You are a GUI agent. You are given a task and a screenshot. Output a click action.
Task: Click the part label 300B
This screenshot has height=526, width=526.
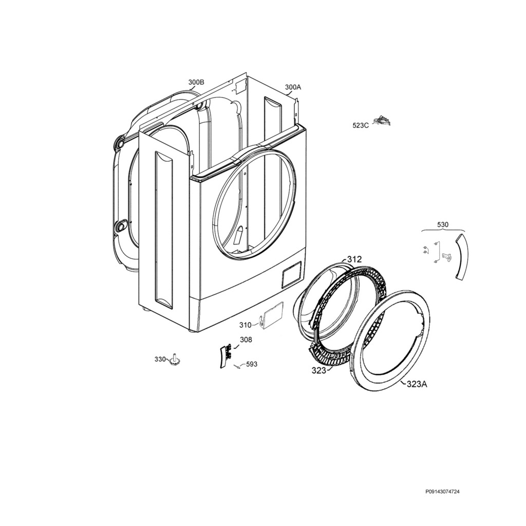coord(196,82)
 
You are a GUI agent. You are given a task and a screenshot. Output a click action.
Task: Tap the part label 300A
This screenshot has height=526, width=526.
coord(293,87)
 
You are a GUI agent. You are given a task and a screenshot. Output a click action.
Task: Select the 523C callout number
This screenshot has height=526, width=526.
coord(361,125)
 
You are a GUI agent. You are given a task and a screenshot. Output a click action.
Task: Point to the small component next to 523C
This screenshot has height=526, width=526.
coord(383,120)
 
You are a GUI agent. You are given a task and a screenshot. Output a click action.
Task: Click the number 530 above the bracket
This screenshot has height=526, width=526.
coord(442,225)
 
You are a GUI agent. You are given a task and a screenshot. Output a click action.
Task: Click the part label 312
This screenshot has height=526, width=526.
coord(354,259)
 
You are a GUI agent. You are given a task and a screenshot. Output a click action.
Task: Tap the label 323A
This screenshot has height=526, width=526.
coord(417,384)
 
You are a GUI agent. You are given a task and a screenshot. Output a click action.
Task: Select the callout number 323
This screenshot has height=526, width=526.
coord(319,370)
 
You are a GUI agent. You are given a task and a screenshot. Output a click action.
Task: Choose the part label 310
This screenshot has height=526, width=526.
coord(245,325)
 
